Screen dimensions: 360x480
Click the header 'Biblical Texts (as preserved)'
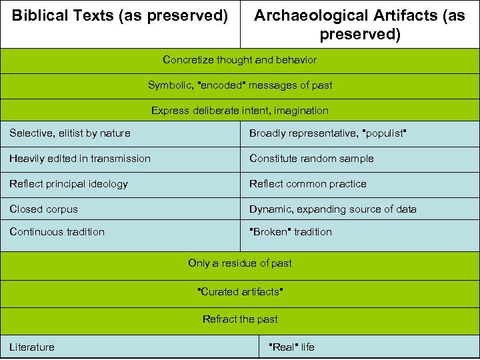tap(120, 15)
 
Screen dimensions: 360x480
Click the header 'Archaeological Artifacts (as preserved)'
tap(360, 25)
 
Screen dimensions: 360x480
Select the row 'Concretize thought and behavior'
tap(240, 60)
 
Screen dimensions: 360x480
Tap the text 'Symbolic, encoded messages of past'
tap(240, 85)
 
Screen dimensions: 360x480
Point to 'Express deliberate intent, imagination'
tap(240, 111)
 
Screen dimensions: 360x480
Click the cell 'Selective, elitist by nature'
tap(70, 133)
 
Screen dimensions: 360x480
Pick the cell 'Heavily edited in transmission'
tap(80, 159)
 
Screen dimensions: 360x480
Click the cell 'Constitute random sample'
tap(311, 159)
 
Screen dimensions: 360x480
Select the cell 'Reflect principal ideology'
tap(69, 184)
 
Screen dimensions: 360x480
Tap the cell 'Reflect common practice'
tap(308, 184)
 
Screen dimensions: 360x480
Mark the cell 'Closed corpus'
tap(44, 209)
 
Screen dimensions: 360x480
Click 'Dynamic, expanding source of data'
tap(333, 209)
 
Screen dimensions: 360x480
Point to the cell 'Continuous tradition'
tap(57, 232)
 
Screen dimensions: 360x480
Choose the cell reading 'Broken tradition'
tap(291, 232)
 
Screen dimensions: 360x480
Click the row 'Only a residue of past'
tap(240, 263)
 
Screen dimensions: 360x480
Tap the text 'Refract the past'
tap(240, 319)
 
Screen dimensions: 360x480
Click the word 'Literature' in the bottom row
tap(32, 347)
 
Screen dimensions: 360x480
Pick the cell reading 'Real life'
tap(291, 347)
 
